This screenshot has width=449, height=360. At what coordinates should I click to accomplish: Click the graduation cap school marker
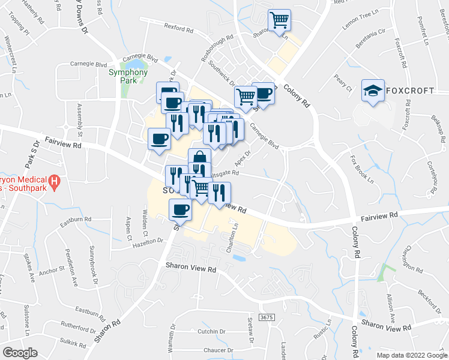(373, 91)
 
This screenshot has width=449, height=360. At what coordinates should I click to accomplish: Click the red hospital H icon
(54, 179)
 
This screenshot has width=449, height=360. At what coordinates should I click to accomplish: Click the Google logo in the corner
(20, 352)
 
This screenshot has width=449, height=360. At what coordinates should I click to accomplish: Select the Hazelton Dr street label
(148, 240)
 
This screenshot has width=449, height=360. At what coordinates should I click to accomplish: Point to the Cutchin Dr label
(211, 331)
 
